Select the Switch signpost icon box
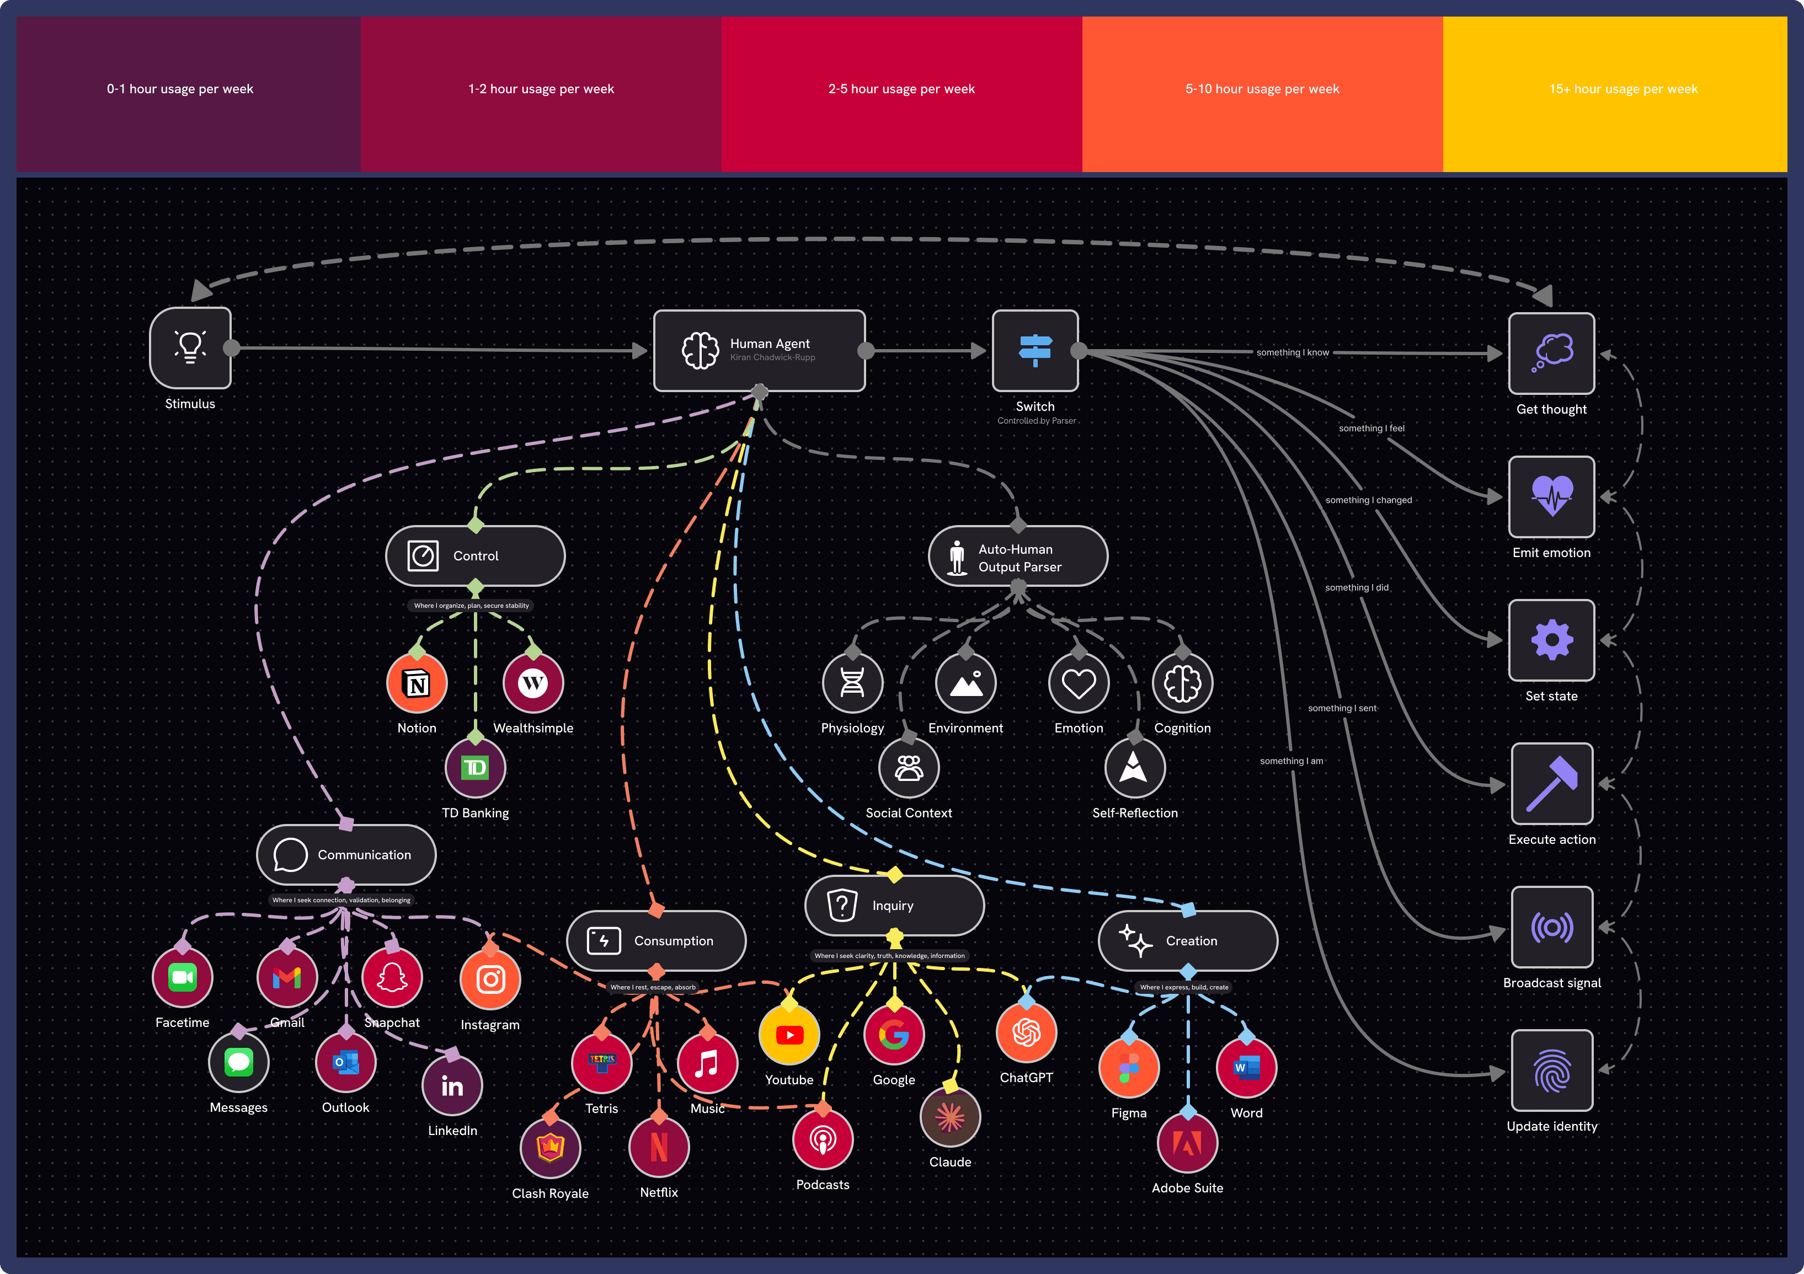pyautogui.click(x=1035, y=350)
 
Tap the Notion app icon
pyautogui.click(x=417, y=683)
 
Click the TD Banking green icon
pyautogui.click(x=474, y=767)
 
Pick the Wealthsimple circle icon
pyautogui.click(x=533, y=683)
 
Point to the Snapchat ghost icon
pyautogui.click(x=391, y=977)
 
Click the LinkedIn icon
pyautogui.click(x=452, y=1085)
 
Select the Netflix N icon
pyautogui.click(x=658, y=1147)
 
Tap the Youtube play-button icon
pyautogui.click(x=789, y=1035)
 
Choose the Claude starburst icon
pyautogui.click(x=950, y=1117)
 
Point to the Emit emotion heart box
pyautogui.click(x=1551, y=496)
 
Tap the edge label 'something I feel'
pyautogui.click(x=1371, y=428)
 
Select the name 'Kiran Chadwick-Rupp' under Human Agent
pyautogui.click(x=772, y=357)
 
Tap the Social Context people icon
pyautogui.click(x=908, y=767)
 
